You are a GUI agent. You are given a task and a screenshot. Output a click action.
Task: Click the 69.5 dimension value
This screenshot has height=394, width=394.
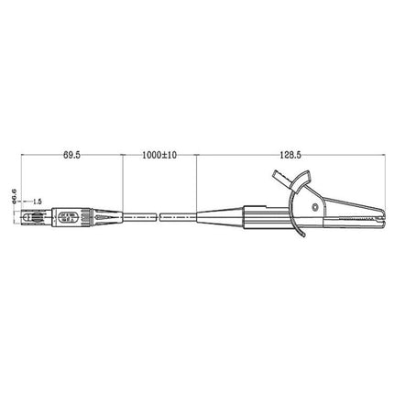(71, 155)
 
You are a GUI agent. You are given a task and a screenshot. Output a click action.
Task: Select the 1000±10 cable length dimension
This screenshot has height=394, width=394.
(159, 155)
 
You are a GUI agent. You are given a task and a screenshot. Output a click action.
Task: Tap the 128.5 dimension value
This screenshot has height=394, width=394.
(290, 155)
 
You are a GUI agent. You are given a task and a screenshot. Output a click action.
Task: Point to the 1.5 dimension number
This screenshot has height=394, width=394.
(38, 202)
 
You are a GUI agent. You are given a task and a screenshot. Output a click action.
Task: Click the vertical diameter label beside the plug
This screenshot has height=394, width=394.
(14, 196)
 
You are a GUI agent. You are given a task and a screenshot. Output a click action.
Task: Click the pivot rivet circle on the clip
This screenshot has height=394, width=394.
(314, 207)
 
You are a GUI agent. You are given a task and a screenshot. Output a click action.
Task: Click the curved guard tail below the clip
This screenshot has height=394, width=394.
(300, 230)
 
